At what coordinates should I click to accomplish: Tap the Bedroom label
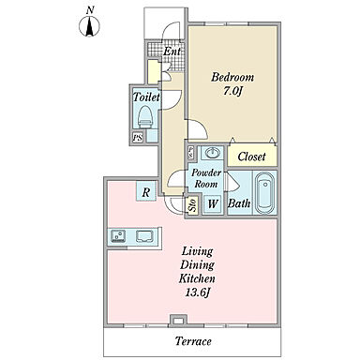tap(232, 77)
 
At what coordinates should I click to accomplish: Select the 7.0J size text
tap(232, 91)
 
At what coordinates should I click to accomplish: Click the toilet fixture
tap(145, 117)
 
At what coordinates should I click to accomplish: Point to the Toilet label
tap(146, 97)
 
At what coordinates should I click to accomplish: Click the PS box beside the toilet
tap(138, 138)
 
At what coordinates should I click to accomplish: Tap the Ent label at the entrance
tap(172, 52)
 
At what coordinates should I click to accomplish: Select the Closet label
tap(251, 157)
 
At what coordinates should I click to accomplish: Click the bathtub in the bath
tap(265, 193)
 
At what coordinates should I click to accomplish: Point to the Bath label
tap(239, 203)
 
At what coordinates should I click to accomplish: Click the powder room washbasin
tap(213, 153)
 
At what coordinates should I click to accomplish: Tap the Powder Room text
tap(206, 178)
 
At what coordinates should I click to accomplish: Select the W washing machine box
tap(213, 204)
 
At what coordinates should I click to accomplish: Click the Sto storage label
tap(192, 205)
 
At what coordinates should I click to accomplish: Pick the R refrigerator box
tap(145, 192)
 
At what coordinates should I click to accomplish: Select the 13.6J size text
tap(198, 292)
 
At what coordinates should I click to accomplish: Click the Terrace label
tap(193, 341)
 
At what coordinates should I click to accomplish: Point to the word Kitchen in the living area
tap(197, 278)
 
